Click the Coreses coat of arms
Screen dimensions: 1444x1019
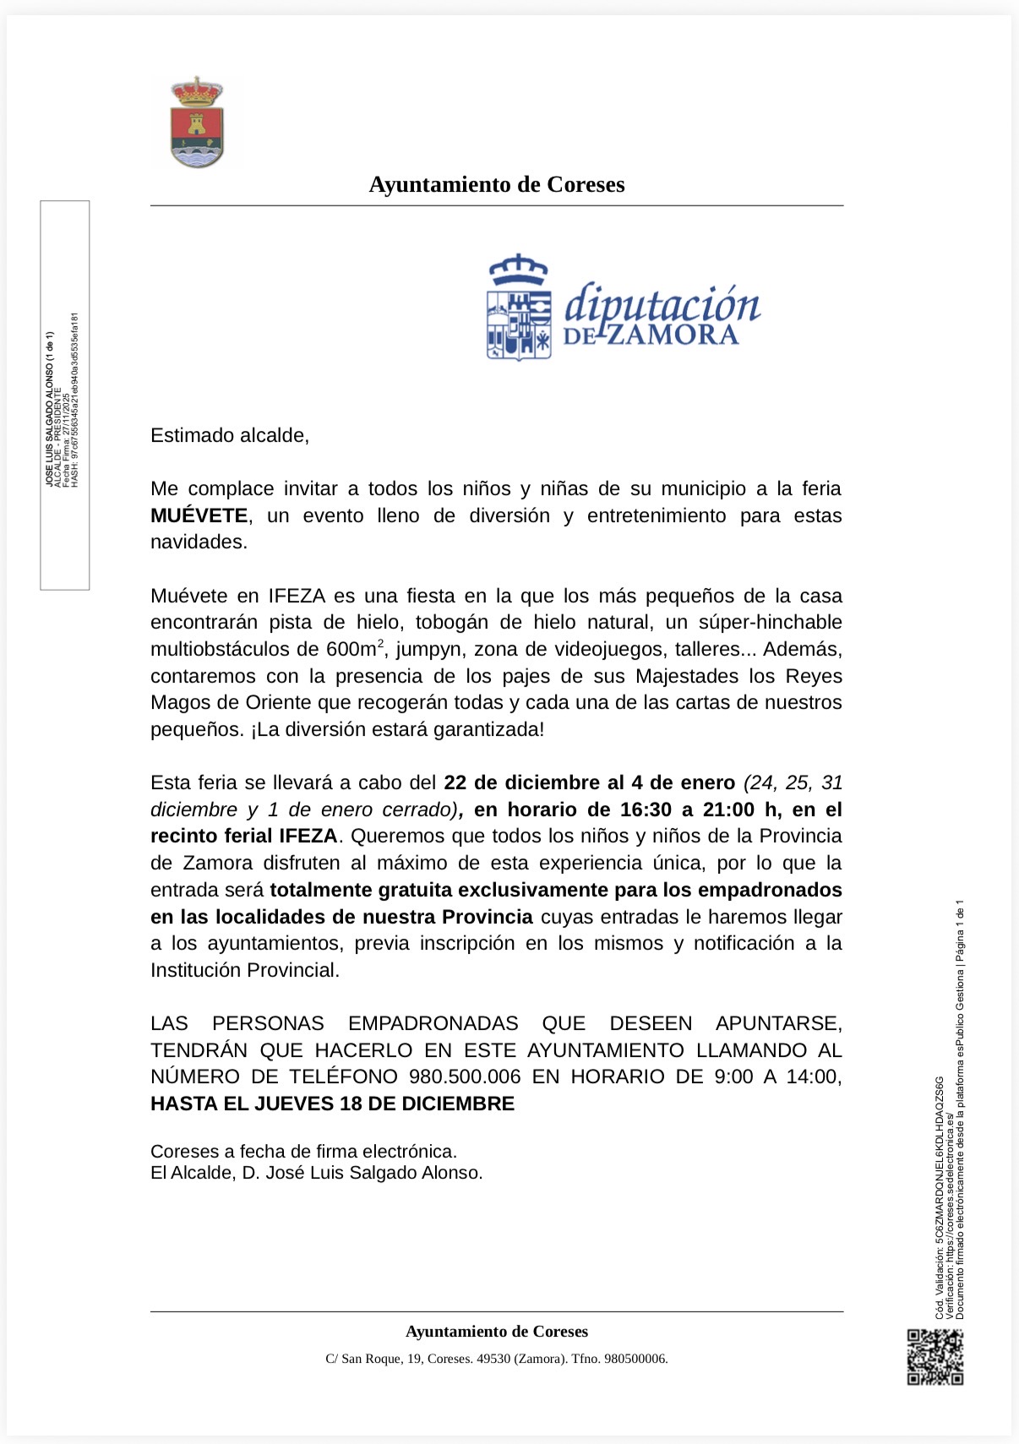pos(197,123)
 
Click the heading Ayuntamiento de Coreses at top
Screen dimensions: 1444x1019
pos(497,185)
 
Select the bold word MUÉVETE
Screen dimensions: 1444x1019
pos(199,515)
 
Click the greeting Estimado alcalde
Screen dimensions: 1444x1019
pos(230,435)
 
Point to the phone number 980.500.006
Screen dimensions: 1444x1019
pos(465,1076)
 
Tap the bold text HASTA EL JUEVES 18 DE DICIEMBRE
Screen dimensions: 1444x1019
pos(332,1103)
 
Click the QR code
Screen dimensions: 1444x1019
pos(935,1357)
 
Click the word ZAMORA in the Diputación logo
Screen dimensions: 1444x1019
pos(673,335)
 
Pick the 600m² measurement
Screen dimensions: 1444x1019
pos(355,649)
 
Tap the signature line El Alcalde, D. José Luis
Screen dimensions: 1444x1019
pos(316,1173)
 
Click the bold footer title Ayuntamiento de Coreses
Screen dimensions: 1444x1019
pos(497,1332)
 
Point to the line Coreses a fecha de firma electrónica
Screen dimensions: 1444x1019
pos(303,1151)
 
